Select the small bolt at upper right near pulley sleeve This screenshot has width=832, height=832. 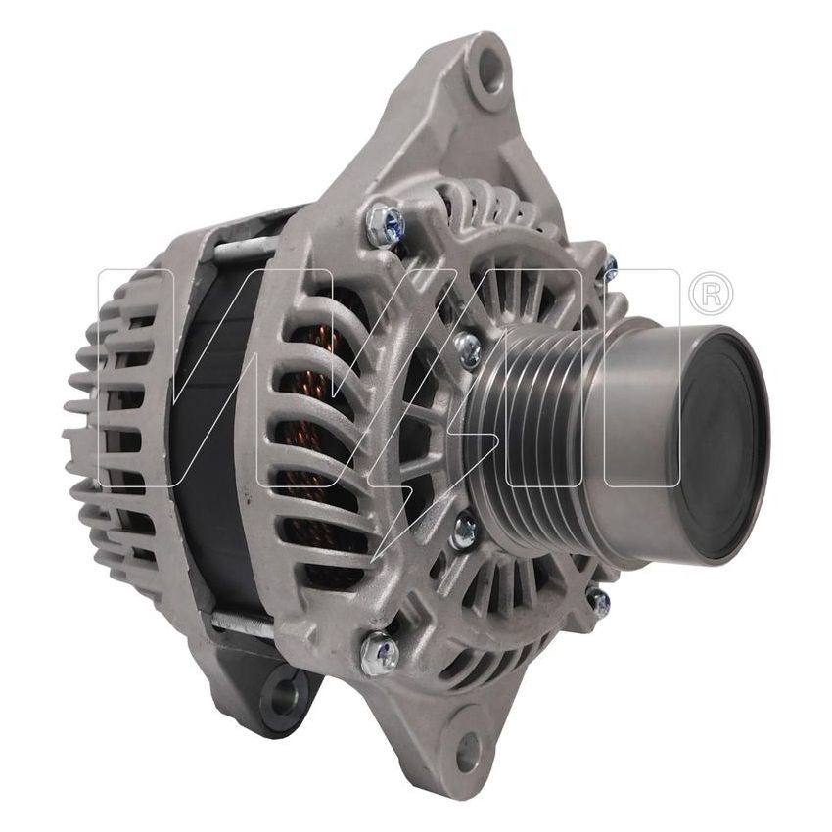point(609,266)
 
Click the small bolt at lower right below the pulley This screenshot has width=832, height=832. point(598,599)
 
